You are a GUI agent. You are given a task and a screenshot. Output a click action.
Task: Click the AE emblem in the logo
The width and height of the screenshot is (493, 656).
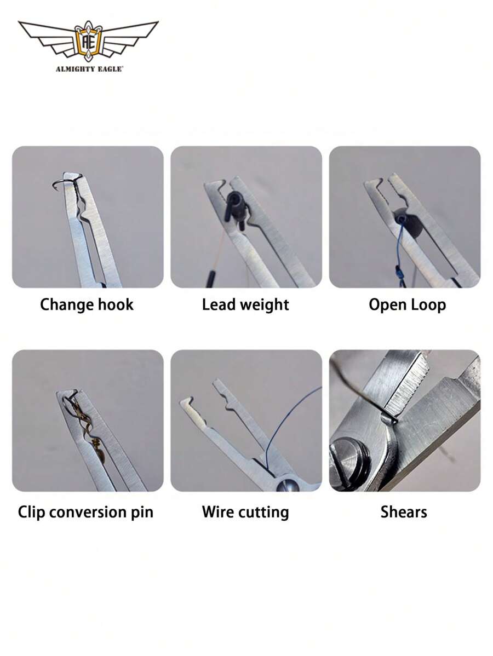point(88,40)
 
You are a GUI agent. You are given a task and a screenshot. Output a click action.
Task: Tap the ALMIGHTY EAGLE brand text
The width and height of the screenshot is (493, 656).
point(89,69)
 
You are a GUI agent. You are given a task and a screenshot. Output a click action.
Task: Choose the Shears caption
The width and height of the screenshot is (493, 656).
point(404,512)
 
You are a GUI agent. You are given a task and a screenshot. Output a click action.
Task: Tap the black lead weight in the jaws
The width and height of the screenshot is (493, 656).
point(234,205)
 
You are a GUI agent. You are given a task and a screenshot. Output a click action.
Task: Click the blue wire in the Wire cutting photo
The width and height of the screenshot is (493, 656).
point(296,416)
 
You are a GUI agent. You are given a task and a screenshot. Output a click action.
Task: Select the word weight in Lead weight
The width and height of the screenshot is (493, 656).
point(263,305)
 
